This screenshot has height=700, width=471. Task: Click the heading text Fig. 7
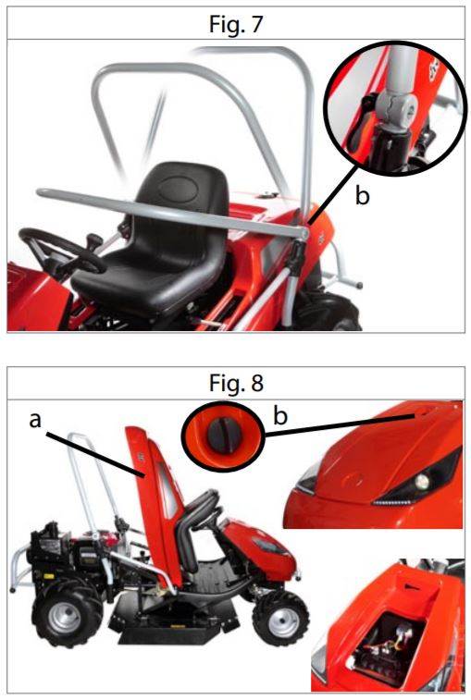[x=235, y=24]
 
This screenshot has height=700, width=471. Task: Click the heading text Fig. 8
[x=236, y=383]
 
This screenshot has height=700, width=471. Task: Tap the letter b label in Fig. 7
[x=363, y=195]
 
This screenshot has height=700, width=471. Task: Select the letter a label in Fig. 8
[x=35, y=420]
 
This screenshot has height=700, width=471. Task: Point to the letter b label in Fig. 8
[x=280, y=415]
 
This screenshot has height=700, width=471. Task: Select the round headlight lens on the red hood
[x=420, y=481]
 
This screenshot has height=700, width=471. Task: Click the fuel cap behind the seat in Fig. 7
[x=267, y=194]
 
